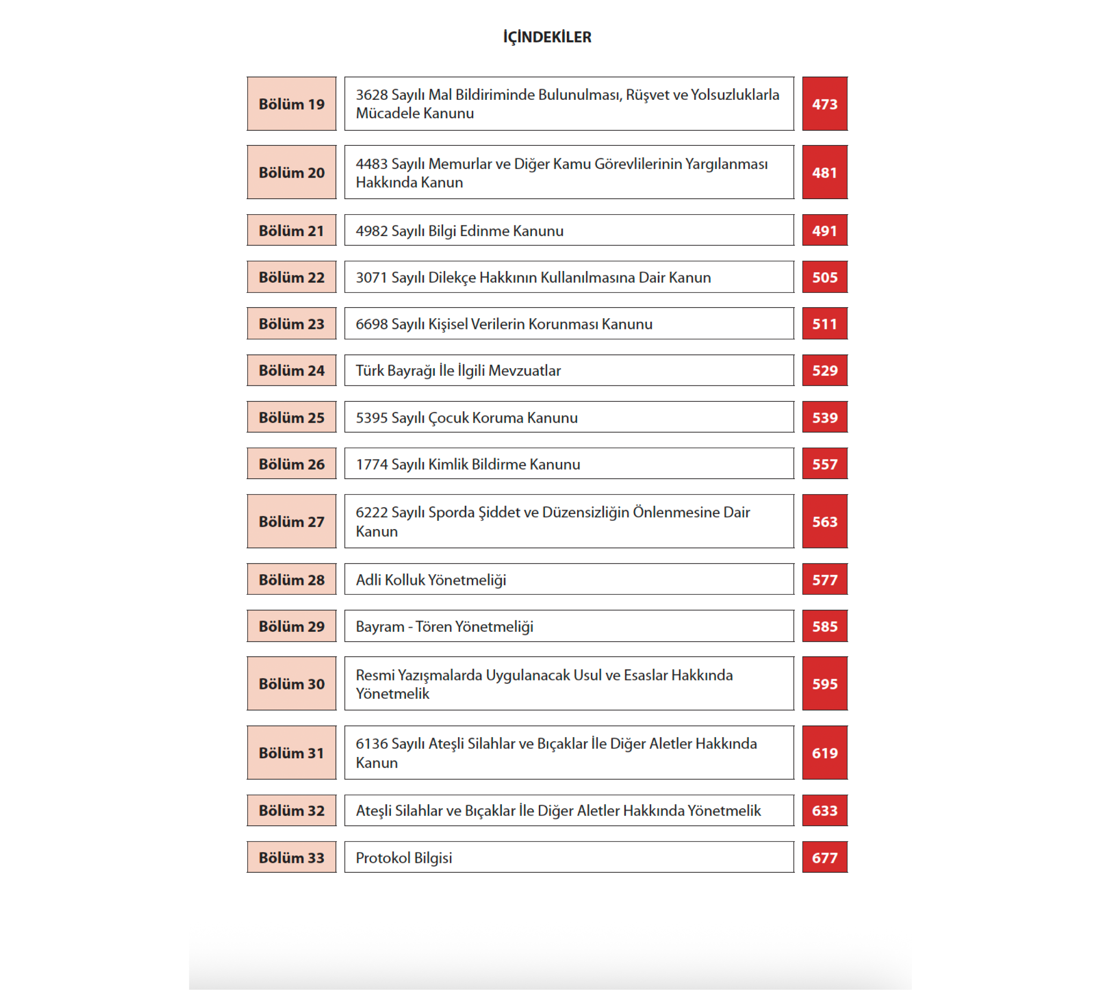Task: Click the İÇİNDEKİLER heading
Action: tap(547, 37)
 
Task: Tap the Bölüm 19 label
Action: tap(291, 104)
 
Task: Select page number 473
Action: tap(824, 104)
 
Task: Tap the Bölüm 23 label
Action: tap(291, 324)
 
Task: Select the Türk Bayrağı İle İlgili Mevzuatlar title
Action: tap(458, 371)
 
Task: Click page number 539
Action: tap(824, 418)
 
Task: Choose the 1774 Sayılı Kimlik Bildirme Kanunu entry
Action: tap(468, 465)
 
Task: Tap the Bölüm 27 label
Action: tap(291, 522)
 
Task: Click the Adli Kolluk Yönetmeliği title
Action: tap(431, 580)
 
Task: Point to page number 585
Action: tap(824, 626)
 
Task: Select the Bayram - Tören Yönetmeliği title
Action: tap(444, 627)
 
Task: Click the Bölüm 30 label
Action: tap(291, 684)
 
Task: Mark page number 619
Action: tap(824, 753)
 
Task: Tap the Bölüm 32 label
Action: tap(291, 811)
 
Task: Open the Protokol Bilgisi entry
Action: tap(403, 858)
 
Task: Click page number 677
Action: tap(824, 858)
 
